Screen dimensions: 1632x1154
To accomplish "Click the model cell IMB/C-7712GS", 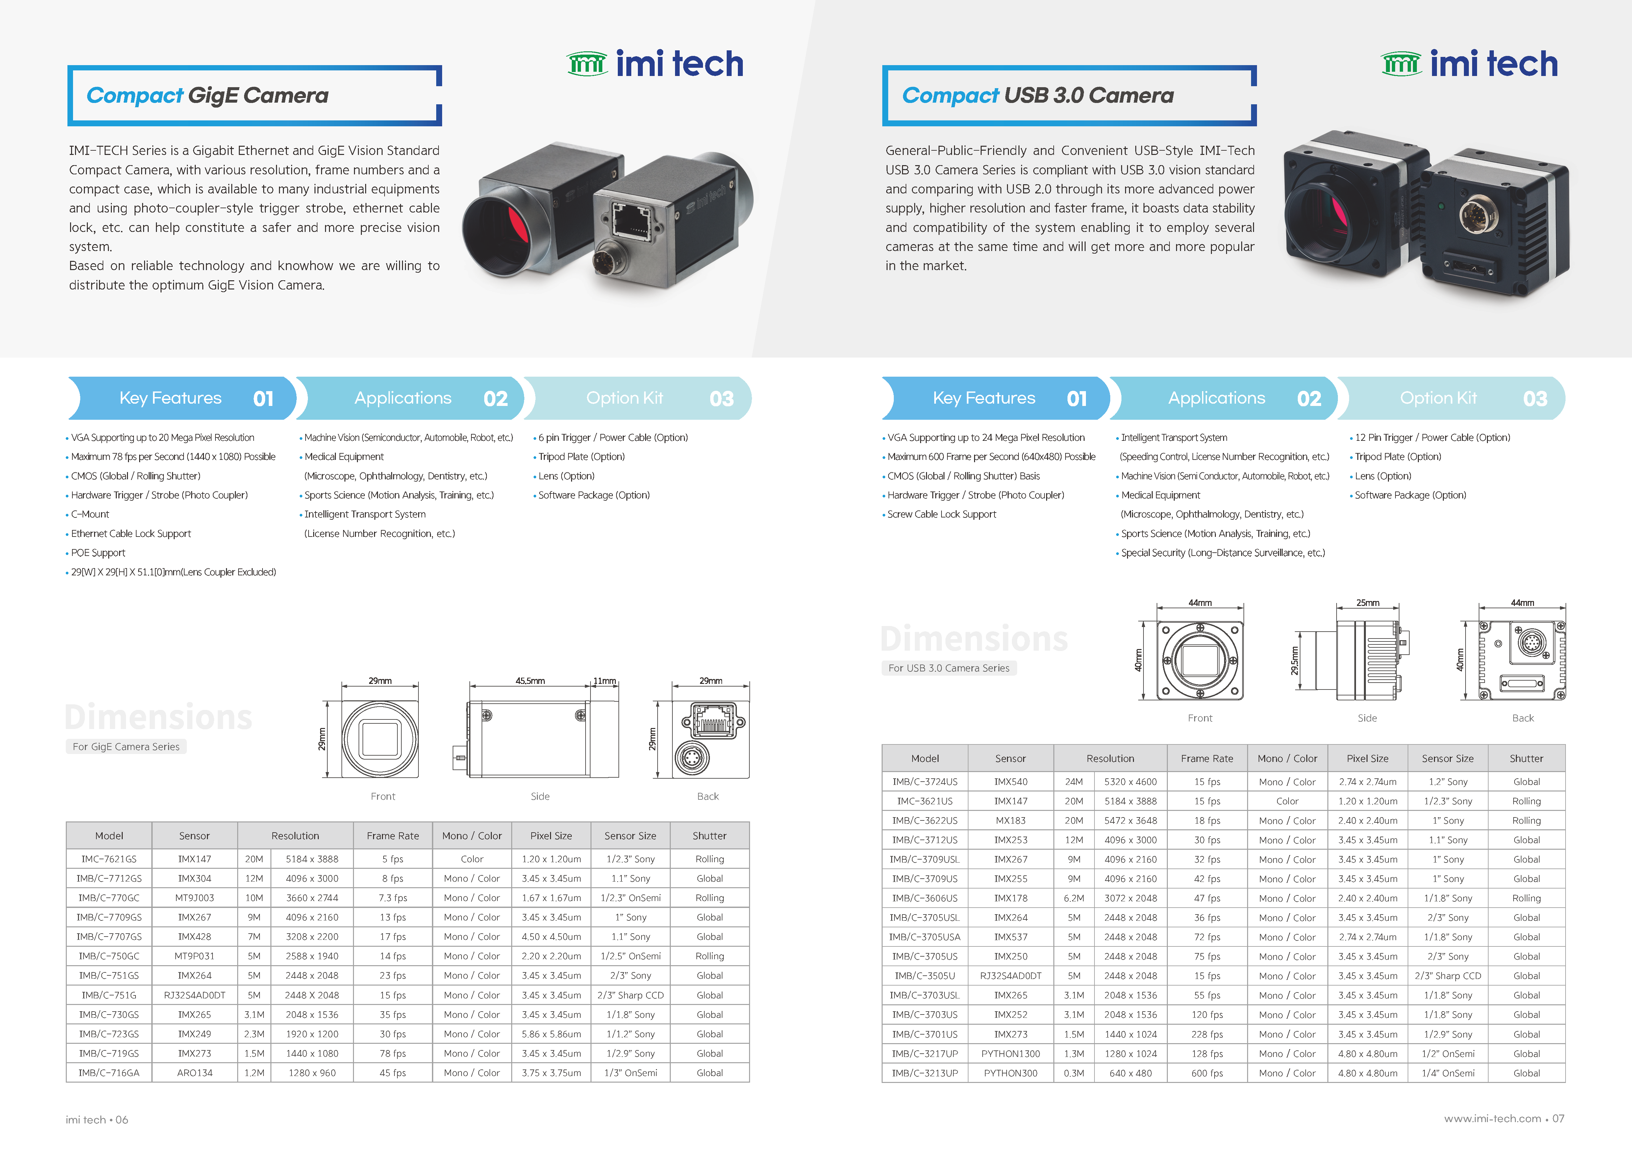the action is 110,878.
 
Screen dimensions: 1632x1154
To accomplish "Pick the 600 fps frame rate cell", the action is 1207,1073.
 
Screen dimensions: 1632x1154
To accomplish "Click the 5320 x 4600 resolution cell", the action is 1130,782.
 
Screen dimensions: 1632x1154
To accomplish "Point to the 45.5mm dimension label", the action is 530,681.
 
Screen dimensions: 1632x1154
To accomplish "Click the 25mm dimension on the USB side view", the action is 1368,603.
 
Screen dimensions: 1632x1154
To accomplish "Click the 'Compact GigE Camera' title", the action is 208,95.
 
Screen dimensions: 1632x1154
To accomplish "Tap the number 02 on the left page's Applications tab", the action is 495,399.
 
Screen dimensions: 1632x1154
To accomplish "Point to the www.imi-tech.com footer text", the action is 1493,1118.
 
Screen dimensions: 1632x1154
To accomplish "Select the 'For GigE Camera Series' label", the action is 126,747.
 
